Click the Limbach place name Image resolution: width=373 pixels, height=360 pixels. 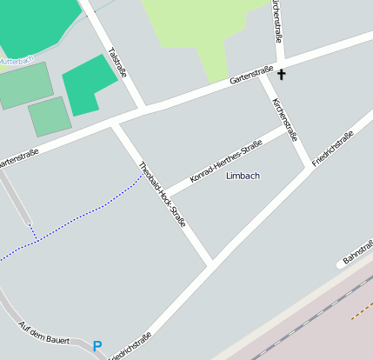243,176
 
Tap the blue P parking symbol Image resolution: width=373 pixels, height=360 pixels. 97,346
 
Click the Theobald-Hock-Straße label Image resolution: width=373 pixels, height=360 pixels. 163,194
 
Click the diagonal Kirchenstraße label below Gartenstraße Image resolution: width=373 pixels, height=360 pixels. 285,119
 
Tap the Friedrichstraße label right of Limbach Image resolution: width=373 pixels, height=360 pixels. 332,149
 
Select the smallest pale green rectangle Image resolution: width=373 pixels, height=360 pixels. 49,117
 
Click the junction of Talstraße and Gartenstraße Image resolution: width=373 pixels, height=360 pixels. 143,108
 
